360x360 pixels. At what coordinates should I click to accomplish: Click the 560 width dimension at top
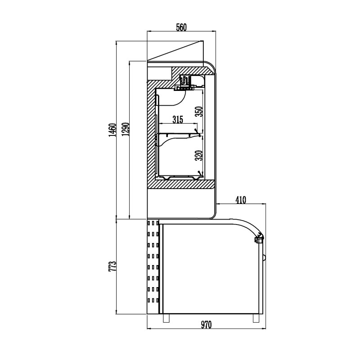181,27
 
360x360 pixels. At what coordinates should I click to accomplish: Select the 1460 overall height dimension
112,130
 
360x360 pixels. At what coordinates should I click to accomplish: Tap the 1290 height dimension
126,129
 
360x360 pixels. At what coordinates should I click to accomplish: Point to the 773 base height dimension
112,266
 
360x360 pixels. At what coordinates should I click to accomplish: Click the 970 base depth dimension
206,324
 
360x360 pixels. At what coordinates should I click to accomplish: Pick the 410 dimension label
241,200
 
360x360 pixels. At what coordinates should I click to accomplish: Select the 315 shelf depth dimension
178,119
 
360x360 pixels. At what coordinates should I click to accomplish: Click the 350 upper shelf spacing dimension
199,111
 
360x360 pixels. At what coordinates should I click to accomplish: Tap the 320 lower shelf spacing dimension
199,155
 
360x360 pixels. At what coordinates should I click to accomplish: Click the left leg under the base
166,318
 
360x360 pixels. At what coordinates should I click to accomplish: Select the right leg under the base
256,318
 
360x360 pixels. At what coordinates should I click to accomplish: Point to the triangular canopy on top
184,52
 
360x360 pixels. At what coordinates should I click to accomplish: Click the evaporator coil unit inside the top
185,83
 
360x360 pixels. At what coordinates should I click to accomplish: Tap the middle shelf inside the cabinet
180,134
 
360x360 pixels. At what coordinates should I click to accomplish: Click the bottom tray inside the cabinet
180,177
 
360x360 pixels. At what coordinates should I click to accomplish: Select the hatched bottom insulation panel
181,184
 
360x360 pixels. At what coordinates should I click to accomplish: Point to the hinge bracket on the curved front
259,238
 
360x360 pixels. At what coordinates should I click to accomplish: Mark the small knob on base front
264,257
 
